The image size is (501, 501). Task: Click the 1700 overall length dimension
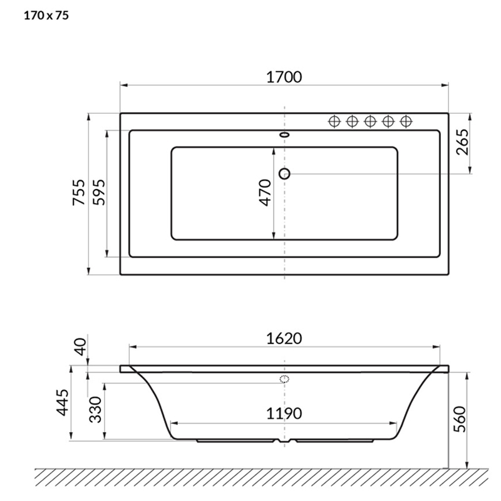click(284, 77)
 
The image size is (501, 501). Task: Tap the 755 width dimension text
click(79, 192)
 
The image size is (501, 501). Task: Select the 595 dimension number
click(98, 192)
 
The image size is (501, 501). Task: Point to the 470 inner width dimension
click(266, 193)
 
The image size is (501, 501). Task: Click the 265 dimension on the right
click(462, 142)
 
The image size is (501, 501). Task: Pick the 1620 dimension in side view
click(284, 339)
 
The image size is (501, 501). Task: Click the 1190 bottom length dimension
click(284, 413)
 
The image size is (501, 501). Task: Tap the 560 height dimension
click(460, 419)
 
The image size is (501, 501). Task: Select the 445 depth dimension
click(63, 402)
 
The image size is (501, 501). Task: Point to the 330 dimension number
click(95, 410)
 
